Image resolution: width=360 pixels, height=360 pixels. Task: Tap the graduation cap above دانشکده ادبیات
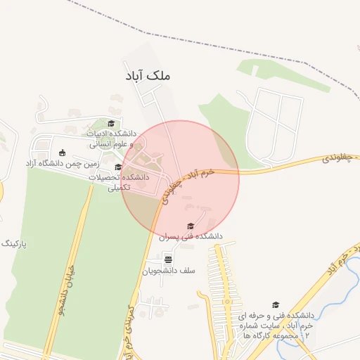(x=111, y=124)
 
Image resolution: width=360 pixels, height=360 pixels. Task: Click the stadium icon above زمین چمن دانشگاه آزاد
(x=62, y=153)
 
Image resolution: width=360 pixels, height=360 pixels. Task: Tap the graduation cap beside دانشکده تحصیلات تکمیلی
(x=118, y=167)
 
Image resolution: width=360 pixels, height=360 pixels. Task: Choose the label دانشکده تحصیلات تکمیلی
(x=120, y=183)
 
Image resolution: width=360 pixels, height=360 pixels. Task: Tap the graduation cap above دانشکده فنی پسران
(x=191, y=226)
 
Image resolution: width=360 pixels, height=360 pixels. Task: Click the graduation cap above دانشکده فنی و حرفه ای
(x=276, y=304)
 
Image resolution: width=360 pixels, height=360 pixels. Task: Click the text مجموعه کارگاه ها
(x=267, y=337)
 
